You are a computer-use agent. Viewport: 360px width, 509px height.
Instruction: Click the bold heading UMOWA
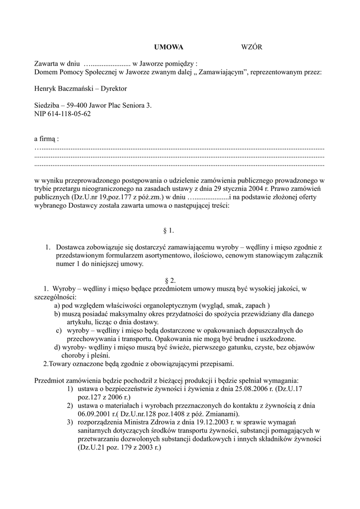(x=169, y=47)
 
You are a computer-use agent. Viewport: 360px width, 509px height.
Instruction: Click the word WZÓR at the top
(x=251, y=47)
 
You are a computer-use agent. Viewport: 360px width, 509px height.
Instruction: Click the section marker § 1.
(x=169, y=231)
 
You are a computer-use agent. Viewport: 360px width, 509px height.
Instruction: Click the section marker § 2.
(x=169, y=281)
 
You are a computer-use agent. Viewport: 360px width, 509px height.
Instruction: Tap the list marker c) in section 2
(x=58, y=331)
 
